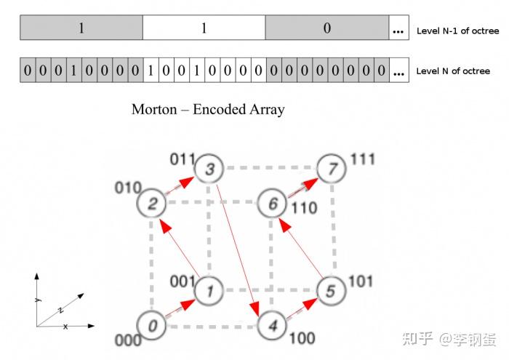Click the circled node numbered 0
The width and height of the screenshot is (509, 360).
pos(152,326)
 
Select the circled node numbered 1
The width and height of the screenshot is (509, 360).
pos(209,291)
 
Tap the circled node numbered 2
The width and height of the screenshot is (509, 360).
pos(153,202)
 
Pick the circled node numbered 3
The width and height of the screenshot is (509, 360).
pos(209,170)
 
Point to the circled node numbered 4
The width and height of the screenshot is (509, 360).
pos(272,324)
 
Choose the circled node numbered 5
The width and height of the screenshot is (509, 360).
pos(330,292)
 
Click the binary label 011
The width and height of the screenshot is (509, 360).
pos(183,159)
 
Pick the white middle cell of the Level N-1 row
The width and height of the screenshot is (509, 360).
pos(204,28)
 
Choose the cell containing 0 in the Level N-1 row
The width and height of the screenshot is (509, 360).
pos(326,28)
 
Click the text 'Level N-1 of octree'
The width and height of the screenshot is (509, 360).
pos(457,31)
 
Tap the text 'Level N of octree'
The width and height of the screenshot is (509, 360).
pos(453,71)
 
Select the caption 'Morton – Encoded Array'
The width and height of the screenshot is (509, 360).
pos(208,110)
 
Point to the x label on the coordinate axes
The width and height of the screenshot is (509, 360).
pos(65,327)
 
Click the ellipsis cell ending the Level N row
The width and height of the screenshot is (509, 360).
pos(398,71)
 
